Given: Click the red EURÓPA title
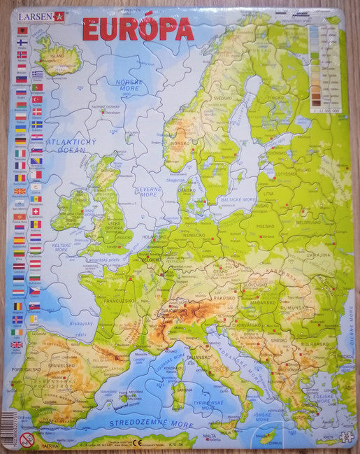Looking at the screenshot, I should pos(138,29).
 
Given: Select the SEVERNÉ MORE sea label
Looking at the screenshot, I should pos(149,190).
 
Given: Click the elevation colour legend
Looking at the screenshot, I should pos(325,66).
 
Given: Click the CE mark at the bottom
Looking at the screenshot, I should pos(137,442).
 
